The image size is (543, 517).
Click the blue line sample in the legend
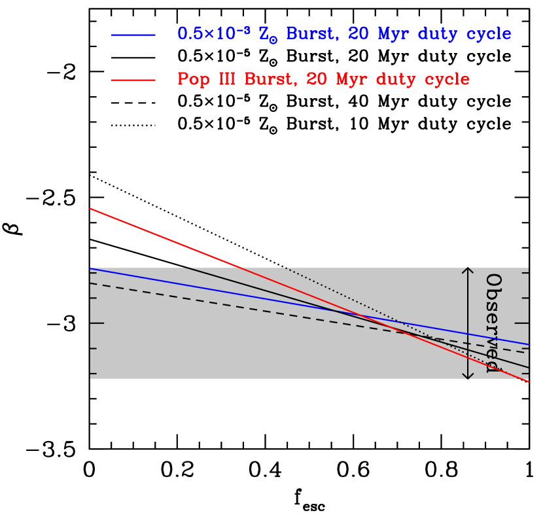pos(133,35)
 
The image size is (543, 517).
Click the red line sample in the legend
pos(133,80)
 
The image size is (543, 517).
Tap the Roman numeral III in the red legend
pos(225,80)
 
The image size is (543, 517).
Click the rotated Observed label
pos(494,323)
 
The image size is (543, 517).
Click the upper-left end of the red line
pos(90,209)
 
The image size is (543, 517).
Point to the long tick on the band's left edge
pos(97,323)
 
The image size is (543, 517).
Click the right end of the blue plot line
pos(528,344)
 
